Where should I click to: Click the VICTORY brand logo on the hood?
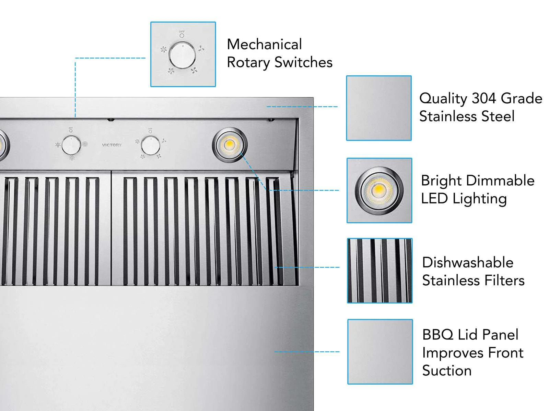point(112,145)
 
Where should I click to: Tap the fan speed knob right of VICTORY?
point(150,145)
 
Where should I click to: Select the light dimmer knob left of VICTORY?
point(71,145)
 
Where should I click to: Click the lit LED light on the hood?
point(230,145)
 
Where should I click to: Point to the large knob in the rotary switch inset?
point(182,55)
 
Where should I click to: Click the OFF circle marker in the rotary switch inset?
point(182,36)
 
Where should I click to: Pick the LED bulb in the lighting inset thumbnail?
point(379,191)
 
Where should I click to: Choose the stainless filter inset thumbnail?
point(380,271)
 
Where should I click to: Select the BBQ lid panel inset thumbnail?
point(380,352)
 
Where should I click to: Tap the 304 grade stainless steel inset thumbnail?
point(379,108)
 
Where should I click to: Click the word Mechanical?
point(264,44)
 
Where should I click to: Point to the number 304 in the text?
point(484,98)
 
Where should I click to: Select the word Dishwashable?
point(468,262)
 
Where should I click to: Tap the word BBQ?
point(438,335)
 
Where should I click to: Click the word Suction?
point(447,370)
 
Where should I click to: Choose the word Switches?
point(303,62)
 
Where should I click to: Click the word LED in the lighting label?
point(434,199)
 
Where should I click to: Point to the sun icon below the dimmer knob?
point(72,158)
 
